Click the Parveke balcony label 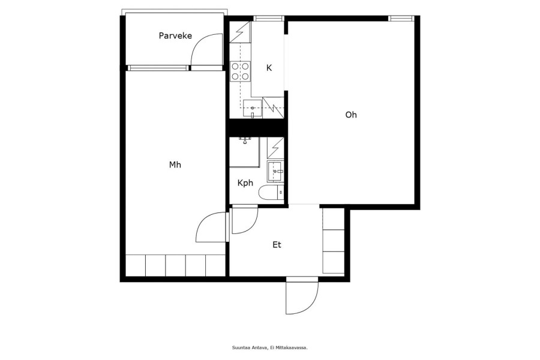point(175,35)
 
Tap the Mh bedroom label point(175,164)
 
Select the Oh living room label point(351,115)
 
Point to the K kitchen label point(269,68)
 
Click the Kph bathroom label point(245,182)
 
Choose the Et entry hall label point(277,245)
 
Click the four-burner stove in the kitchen point(240,71)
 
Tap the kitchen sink point(253,109)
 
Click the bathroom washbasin point(275,171)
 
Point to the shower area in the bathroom point(245,152)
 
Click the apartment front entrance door point(302,296)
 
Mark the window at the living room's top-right point(401,19)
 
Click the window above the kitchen point(269,19)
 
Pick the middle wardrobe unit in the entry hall point(334,241)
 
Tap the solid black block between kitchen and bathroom point(257,128)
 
